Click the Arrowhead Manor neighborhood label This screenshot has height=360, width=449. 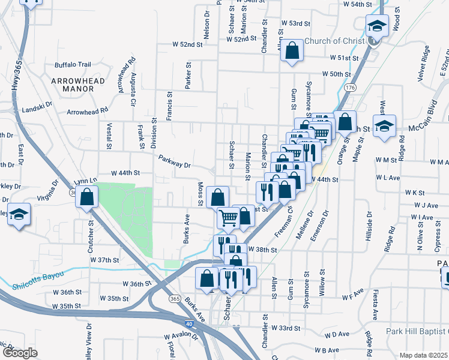[x=77, y=84]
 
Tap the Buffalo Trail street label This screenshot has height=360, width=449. [x=73, y=65]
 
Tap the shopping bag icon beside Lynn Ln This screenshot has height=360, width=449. [x=87, y=196]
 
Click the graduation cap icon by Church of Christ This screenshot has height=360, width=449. [x=377, y=26]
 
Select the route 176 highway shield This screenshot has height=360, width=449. [x=350, y=88]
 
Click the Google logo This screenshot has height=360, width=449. [x=20, y=353]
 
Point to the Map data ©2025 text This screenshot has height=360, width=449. [x=423, y=355]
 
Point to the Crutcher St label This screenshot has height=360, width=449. [x=92, y=230]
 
